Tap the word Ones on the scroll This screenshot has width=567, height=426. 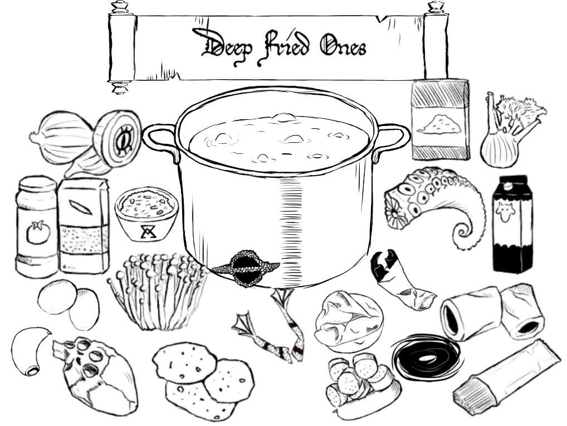(x=343, y=46)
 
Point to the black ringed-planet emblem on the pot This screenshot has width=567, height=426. (x=246, y=268)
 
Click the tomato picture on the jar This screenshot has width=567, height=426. (x=38, y=232)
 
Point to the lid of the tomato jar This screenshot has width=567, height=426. (x=36, y=183)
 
